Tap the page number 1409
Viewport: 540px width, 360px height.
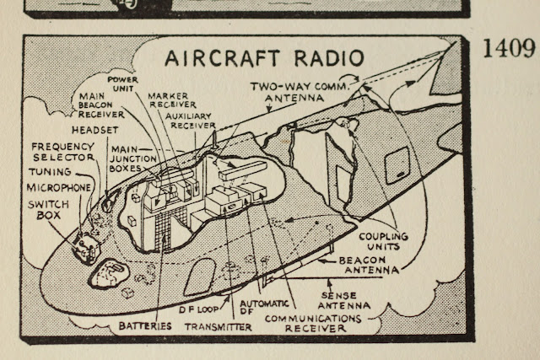tap(510, 48)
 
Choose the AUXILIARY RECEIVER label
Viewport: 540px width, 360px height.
tap(191, 120)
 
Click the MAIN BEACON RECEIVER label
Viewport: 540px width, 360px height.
tap(102, 105)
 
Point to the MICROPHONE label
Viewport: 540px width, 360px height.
tap(58, 186)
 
